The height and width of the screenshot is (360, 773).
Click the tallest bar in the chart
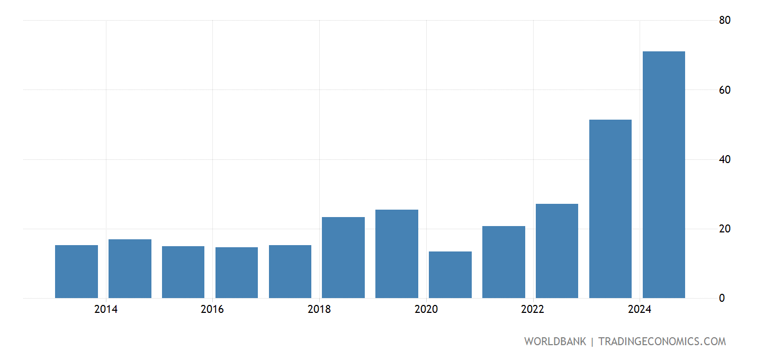663,175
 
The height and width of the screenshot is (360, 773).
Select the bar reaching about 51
610,209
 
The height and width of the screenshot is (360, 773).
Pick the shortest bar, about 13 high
450,275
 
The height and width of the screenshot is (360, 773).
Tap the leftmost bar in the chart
76,272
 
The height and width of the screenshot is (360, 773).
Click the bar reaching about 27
556,251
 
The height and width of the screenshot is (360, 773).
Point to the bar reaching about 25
397,254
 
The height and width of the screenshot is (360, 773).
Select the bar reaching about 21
504,262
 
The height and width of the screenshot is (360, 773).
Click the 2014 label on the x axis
106,310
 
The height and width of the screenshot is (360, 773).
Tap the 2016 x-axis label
212,310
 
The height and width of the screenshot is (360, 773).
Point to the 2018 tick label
319,310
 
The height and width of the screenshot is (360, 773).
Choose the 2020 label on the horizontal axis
426,310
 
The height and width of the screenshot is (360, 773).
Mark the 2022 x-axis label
533,310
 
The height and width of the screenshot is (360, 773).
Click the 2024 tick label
640,310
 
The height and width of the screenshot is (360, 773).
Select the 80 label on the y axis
724,20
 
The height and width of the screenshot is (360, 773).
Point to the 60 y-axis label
724,90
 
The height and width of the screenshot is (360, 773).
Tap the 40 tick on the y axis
724,159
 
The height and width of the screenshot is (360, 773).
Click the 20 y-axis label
724,229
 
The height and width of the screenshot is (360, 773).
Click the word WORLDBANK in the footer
555,341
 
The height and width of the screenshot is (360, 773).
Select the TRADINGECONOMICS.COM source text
662,341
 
